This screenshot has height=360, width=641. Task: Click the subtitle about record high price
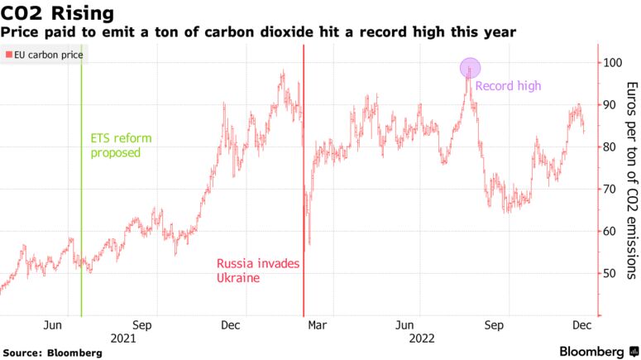point(258,32)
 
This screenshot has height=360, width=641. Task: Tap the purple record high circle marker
point(470,69)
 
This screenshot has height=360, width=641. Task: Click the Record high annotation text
point(508,85)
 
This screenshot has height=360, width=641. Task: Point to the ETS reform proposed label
point(122,146)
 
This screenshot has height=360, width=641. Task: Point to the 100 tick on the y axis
point(612,63)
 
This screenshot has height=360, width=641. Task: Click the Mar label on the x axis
point(317,325)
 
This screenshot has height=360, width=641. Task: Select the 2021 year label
point(122,338)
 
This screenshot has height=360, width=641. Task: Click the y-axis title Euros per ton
point(632,180)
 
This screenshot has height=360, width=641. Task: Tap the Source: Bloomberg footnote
point(52,353)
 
